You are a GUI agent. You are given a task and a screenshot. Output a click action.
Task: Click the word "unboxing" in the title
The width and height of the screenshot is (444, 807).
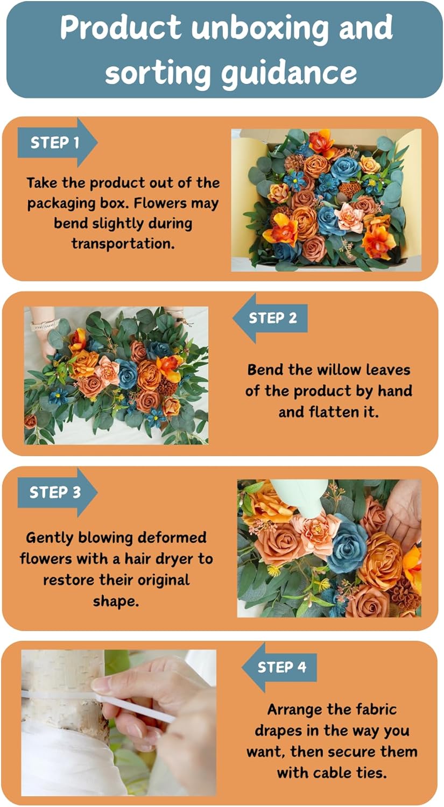[259, 28]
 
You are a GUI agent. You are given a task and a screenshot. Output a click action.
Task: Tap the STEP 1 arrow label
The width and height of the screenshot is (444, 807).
[55, 143]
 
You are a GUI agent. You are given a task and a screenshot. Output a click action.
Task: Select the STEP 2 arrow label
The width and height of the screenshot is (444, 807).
[272, 318]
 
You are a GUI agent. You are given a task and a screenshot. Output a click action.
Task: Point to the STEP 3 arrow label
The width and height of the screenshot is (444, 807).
[55, 492]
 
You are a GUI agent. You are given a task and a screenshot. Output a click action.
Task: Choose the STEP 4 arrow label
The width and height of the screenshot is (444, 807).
[281, 668]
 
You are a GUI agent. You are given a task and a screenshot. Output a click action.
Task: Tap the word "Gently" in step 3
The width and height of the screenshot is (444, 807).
[50, 538]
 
